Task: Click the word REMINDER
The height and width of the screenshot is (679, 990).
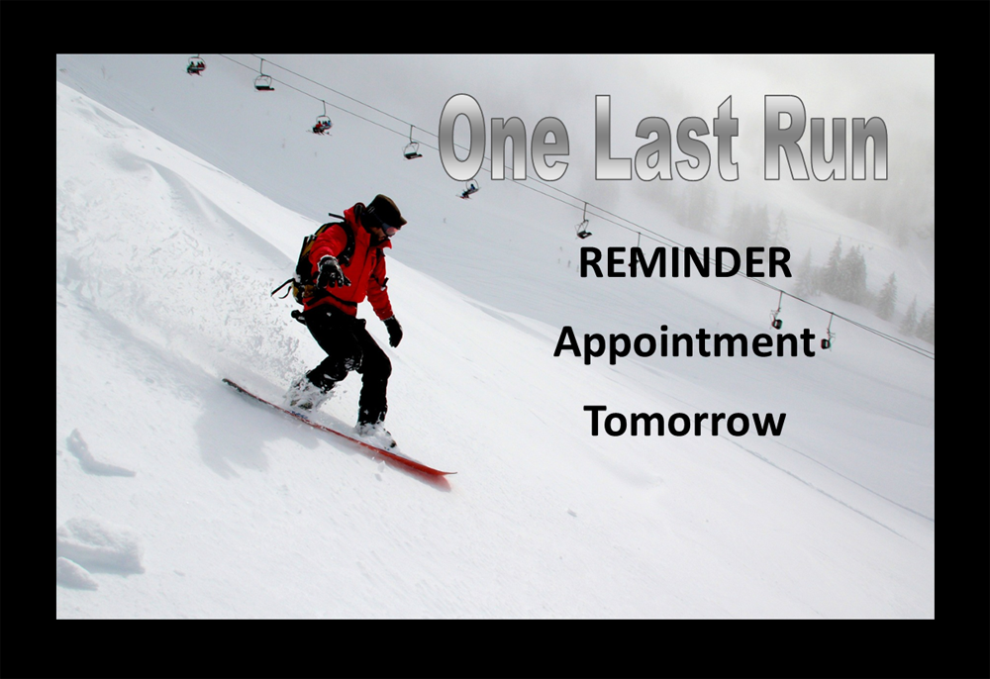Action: [x=685, y=262]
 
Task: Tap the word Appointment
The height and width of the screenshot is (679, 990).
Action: [x=684, y=343]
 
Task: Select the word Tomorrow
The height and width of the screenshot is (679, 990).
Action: [x=684, y=421]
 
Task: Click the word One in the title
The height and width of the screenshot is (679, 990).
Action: [x=505, y=139]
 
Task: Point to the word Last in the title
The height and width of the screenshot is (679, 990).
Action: [x=666, y=139]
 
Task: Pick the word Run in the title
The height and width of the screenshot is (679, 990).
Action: [x=826, y=139]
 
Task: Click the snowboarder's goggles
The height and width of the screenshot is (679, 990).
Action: [x=388, y=229]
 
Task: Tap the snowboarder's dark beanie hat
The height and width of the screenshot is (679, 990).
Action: [x=386, y=210]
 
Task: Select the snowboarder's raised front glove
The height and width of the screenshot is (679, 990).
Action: [x=332, y=272]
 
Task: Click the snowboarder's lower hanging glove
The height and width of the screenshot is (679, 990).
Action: [x=394, y=332]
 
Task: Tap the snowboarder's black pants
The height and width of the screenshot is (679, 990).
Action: [x=349, y=359]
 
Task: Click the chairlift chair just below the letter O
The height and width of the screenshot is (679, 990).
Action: [x=468, y=189]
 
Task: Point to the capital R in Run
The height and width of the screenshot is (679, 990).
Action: [x=786, y=139]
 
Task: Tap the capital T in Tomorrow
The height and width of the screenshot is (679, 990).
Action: [x=597, y=421]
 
